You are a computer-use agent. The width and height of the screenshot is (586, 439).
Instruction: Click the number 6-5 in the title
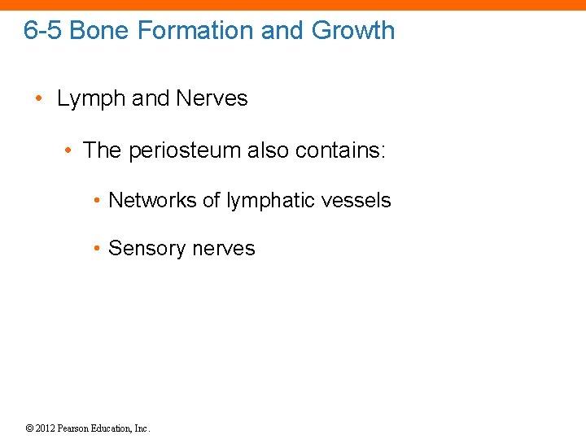pos(43,31)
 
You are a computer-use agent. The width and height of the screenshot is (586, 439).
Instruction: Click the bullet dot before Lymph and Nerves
pos(39,100)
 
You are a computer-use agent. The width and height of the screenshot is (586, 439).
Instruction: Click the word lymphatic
pos(265,200)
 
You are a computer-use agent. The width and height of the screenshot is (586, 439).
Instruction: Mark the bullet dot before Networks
pos(97,201)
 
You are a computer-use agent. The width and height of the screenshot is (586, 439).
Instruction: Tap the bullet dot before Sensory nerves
pos(97,250)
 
